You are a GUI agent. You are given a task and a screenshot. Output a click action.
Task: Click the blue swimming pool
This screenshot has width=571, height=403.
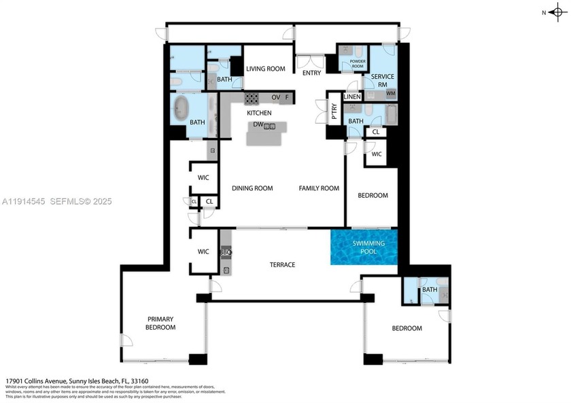(x=364, y=247)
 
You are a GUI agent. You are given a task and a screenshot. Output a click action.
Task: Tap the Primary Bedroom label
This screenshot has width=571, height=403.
(x=160, y=323)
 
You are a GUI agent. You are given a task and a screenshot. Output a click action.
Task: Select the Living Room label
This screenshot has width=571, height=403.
(x=265, y=69)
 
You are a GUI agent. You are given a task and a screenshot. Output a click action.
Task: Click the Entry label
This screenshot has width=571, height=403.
(x=311, y=73)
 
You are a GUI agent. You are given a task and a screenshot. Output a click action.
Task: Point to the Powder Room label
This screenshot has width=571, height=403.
(x=358, y=63)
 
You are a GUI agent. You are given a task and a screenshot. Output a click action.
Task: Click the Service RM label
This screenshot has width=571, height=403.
(x=379, y=80)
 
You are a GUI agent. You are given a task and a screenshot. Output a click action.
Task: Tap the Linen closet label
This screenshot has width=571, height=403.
(x=352, y=97)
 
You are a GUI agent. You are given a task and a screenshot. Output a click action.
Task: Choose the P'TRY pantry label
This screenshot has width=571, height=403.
(x=334, y=111)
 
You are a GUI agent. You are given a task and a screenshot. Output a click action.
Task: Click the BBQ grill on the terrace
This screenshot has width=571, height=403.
(x=226, y=252)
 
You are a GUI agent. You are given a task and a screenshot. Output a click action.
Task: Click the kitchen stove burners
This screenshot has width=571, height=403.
(x=253, y=97)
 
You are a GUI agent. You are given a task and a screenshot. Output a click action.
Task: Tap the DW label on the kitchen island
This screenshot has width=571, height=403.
(x=258, y=125)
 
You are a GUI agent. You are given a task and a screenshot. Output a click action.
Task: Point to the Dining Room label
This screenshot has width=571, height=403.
(x=252, y=188)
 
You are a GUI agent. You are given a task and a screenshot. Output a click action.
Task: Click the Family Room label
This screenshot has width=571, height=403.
(x=319, y=188)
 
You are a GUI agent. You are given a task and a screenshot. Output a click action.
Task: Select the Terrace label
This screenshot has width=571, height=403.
(x=282, y=264)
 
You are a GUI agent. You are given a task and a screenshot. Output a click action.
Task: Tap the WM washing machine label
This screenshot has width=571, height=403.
(x=390, y=93)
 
